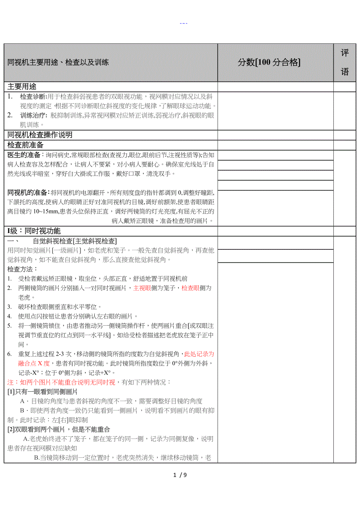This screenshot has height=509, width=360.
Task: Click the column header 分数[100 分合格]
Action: [269, 62]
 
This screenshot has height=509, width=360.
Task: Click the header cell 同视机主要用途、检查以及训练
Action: [58, 63]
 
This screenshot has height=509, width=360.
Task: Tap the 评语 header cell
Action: [344, 63]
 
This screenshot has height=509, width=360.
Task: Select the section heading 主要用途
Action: [22, 87]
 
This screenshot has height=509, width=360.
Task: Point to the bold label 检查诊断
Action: [33, 97]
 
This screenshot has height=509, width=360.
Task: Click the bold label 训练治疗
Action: [33, 115]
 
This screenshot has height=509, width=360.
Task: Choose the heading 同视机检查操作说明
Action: [40, 135]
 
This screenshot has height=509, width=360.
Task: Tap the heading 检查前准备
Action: [25, 145]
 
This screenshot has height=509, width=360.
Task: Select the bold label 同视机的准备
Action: [29, 192]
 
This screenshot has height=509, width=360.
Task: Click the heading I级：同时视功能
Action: [34, 231]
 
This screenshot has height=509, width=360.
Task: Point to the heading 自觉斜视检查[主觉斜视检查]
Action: [74, 241]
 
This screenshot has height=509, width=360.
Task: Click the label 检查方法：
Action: [22, 269]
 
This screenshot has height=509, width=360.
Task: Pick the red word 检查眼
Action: [191, 288]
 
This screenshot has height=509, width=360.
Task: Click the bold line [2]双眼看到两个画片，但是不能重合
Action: [59, 429]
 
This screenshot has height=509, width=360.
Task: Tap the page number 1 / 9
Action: [180, 475]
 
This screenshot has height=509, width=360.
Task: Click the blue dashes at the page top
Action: [184, 23]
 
